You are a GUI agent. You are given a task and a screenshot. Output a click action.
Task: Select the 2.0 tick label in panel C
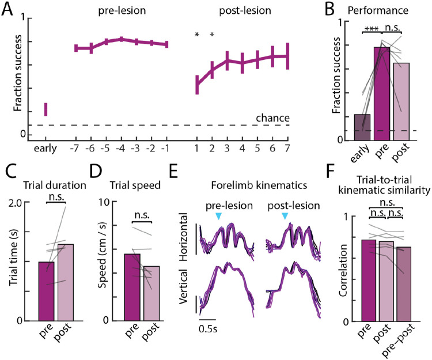[21, 203]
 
